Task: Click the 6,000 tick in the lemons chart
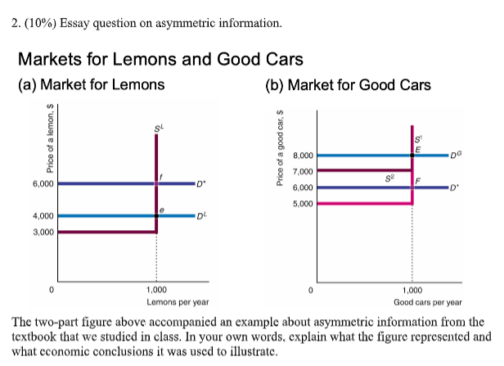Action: click(x=43, y=184)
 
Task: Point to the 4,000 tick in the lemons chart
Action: click(x=43, y=216)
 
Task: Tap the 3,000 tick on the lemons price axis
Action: click(x=43, y=233)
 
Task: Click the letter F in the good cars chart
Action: click(x=419, y=179)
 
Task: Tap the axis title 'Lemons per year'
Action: click(x=155, y=301)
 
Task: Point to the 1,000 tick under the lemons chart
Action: click(x=155, y=291)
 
